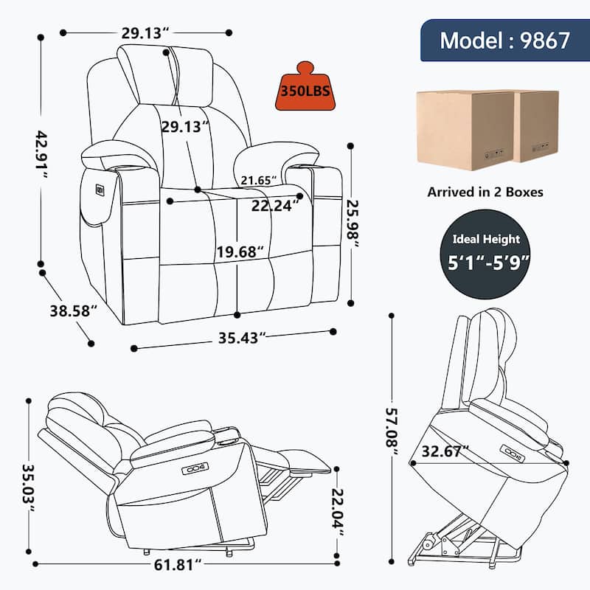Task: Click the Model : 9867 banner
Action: coord(504,40)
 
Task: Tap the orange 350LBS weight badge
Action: coord(304,91)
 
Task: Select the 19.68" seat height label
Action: coord(240,252)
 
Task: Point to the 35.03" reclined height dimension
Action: coord(28,482)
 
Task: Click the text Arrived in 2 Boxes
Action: coord(485,192)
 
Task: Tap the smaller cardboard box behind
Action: coord(536,125)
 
